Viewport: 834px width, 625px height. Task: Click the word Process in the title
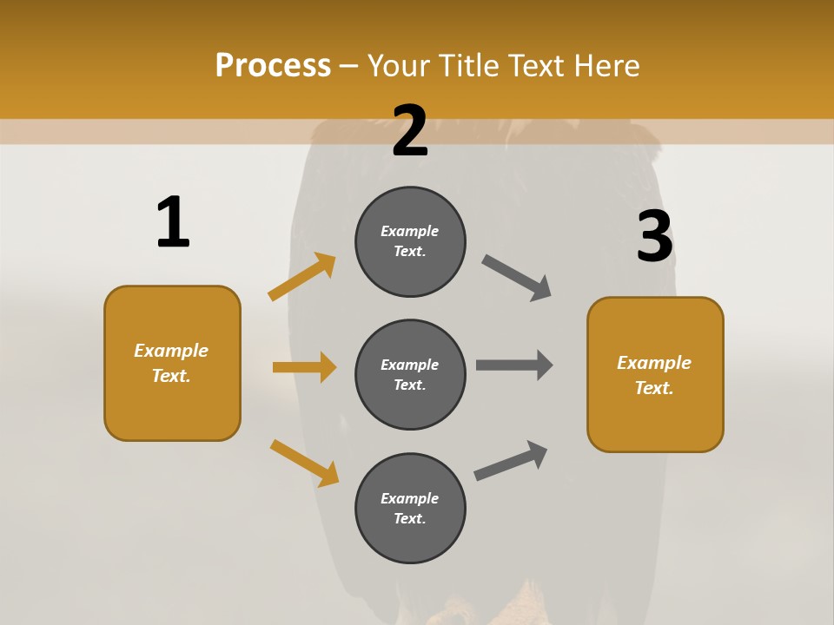pos(273,66)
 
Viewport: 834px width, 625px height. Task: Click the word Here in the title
pos(604,66)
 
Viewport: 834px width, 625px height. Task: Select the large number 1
pos(173,223)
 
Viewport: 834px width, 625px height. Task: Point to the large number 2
pos(410,131)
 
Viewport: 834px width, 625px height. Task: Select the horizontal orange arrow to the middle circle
pos(304,367)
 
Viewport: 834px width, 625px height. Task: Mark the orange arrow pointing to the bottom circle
pos(305,463)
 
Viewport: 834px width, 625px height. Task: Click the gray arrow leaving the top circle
pos(517,278)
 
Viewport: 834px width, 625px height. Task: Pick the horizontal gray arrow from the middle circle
pos(514,365)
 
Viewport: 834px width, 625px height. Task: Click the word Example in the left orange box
pos(171,351)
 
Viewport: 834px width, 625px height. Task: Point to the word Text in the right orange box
pos(653,388)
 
